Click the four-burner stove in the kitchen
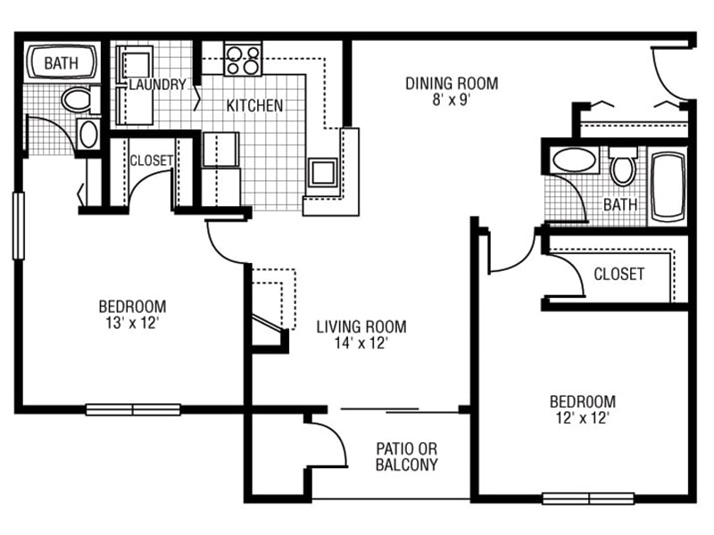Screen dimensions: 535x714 [x=243, y=60]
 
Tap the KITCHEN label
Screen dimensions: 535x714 [x=254, y=106]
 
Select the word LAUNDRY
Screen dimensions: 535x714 [x=157, y=85]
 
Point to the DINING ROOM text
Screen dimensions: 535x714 [x=452, y=84]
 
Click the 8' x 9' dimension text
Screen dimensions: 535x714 [x=452, y=101]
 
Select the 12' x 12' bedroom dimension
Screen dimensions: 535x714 [x=582, y=417]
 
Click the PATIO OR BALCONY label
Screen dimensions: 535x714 [x=406, y=457]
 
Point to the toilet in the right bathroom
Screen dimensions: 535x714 [x=622, y=166]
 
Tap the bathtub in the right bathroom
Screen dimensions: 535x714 [x=668, y=186]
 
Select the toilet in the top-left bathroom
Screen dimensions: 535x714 [x=79, y=100]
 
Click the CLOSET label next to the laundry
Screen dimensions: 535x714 [x=151, y=161]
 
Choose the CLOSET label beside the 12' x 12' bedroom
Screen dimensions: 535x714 [x=619, y=274]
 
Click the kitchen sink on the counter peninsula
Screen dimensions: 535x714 [x=321, y=170]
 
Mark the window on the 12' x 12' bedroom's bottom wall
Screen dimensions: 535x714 [x=588, y=498]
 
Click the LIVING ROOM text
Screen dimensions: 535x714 [x=361, y=326]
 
